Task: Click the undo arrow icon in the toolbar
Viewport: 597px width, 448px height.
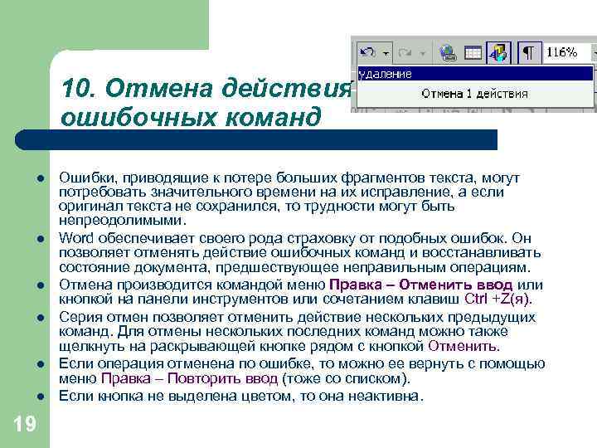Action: pos(367,52)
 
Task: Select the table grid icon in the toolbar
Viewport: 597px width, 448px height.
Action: pos(473,52)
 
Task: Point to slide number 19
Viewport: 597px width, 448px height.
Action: pos(24,425)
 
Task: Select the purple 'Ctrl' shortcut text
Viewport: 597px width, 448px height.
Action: pos(476,299)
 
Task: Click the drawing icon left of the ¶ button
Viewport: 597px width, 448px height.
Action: pos(498,52)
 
